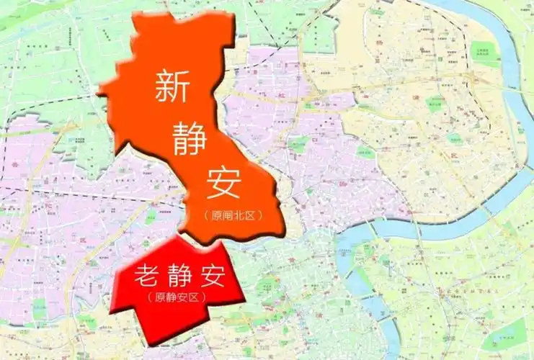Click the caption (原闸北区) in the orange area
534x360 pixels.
231,215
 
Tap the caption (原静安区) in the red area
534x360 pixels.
176,297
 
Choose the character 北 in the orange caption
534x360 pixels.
239,215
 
